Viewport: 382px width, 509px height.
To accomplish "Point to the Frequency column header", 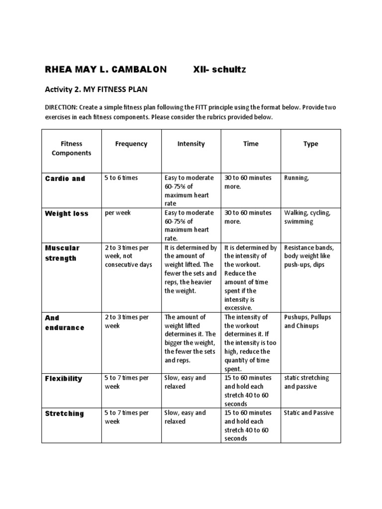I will click(x=131, y=144).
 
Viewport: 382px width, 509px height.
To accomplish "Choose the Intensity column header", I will click(x=191, y=144).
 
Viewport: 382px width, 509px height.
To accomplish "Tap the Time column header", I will click(x=251, y=144).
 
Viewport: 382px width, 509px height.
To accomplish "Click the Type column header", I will click(x=311, y=144).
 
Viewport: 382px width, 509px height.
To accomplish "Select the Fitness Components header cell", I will click(x=72, y=148).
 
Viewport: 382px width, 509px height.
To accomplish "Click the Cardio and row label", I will click(x=65, y=178).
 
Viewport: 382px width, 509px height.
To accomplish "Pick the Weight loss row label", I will click(x=67, y=214).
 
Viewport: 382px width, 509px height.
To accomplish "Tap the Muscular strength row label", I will click(x=62, y=253).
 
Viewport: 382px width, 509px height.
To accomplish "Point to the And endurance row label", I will click(x=65, y=323).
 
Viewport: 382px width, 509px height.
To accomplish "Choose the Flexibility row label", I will click(x=64, y=379).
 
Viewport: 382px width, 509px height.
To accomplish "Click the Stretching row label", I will click(x=65, y=414).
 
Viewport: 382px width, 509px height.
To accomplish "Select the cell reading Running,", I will click(x=296, y=178).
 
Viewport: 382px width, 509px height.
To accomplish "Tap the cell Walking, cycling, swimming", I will click(x=307, y=217).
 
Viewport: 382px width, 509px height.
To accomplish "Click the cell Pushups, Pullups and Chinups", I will click(x=307, y=322).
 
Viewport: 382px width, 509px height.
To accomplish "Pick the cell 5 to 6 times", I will click(x=121, y=178).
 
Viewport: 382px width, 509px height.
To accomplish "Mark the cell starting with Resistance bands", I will click(x=309, y=256).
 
